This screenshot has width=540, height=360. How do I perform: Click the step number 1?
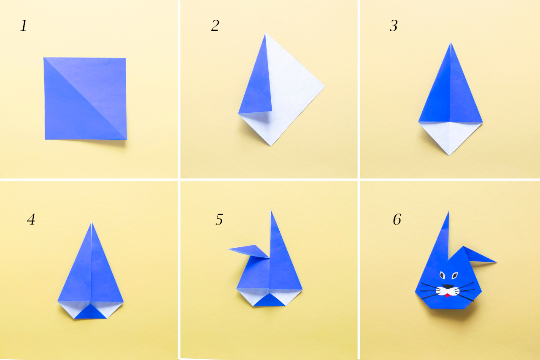[x=23, y=26]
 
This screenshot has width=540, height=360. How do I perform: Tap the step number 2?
[x=215, y=26]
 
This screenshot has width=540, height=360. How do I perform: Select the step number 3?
[x=394, y=26]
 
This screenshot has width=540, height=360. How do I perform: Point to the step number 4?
[x=31, y=219]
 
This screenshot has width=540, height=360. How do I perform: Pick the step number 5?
[x=219, y=219]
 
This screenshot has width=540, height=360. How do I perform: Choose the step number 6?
[x=397, y=219]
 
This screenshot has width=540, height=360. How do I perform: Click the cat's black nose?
[x=448, y=287]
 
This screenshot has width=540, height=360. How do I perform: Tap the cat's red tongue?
[x=448, y=295]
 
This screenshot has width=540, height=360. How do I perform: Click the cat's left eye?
[x=442, y=275]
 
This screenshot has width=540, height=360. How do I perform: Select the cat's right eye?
[x=455, y=275]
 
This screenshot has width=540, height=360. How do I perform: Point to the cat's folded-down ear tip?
[x=496, y=262]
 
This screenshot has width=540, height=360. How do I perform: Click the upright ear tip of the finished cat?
[x=448, y=212]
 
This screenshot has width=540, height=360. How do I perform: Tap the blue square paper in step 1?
[x=85, y=98]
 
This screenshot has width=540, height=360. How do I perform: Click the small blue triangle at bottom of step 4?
[x=90, y=312]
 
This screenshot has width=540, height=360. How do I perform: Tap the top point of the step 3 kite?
[x=451, y=43]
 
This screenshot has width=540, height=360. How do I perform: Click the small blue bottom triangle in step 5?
[x=269, y=300]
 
